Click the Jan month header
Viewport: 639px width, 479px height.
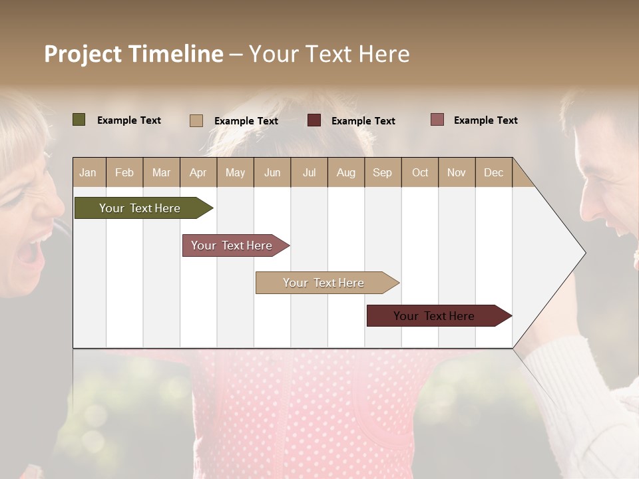click(88, 172)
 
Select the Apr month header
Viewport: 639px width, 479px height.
click(198, 172)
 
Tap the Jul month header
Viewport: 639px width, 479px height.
click(309, 172)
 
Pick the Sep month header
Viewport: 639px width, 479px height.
click(382, 172)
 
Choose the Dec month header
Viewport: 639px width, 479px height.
click(493, 172)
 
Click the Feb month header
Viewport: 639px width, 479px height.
click(124, 172)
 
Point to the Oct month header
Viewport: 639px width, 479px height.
click(420, 172)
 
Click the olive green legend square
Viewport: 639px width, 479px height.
click(79, 120)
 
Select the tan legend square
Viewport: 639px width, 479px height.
click(196, 120)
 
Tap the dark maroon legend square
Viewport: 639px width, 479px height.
click(314, 120)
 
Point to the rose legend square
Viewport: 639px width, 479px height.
click(437, 120)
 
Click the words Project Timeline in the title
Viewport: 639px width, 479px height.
click(134, 54)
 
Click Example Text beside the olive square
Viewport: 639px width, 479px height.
click(129, 120)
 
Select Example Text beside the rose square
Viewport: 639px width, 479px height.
click(486, 120)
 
